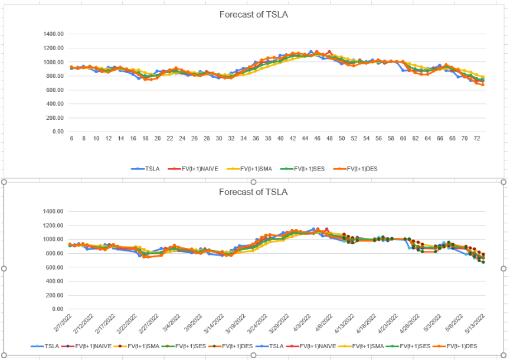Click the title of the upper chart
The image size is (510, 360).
point(254,15)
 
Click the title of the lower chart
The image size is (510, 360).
point(254,192)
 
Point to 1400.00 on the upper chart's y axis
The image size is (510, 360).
point(54,34)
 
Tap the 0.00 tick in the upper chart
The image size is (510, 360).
point(58,132)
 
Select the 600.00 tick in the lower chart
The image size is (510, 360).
point(54,267)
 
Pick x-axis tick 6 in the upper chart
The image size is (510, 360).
point(71,139)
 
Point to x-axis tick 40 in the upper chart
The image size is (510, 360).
point(280,139)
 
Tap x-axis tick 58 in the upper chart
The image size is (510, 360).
point(391,139)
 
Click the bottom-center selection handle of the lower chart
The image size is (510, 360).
point(254,355)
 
